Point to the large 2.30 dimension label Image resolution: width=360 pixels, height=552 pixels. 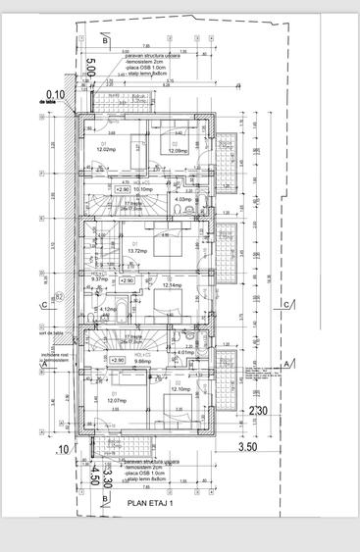click(x=258, y=411)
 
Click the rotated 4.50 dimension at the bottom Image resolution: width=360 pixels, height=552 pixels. click(x=95, y=477)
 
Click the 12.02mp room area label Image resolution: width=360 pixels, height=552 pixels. click(x=106, y=149)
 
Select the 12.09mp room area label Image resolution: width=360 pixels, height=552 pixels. click(x=177, y=151)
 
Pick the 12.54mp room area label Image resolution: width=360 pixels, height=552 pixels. click(x=174, y=285)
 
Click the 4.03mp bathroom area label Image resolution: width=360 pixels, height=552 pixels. click(x=181, y=199)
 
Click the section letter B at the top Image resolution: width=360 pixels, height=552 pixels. click(x=103, y=41)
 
